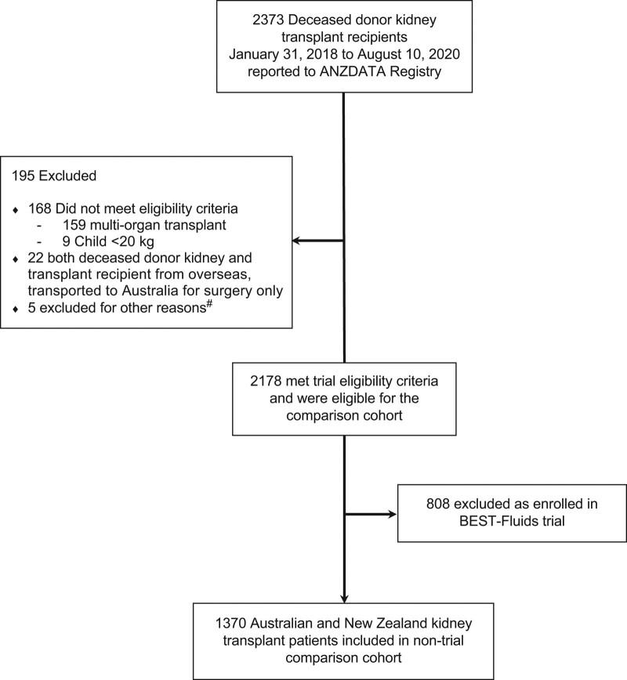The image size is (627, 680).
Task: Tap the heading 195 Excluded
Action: (55, 176)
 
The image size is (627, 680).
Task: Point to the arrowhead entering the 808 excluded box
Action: (391, 515)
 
